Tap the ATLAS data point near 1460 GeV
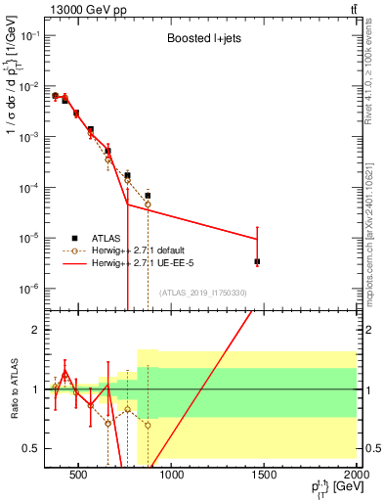point(257,261)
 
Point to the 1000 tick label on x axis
point(171,477)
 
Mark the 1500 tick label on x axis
point(264,477)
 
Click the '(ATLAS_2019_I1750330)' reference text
point(202,293)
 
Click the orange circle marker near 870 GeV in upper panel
point(148,204)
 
